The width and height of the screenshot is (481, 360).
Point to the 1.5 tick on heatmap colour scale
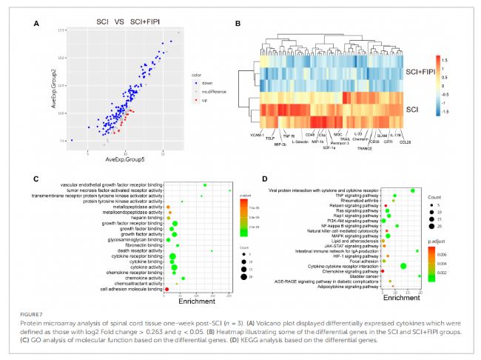pos(445,55)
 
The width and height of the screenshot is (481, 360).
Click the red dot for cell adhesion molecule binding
pos(166,289)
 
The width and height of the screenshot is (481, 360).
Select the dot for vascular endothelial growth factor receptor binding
pos(204,184)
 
